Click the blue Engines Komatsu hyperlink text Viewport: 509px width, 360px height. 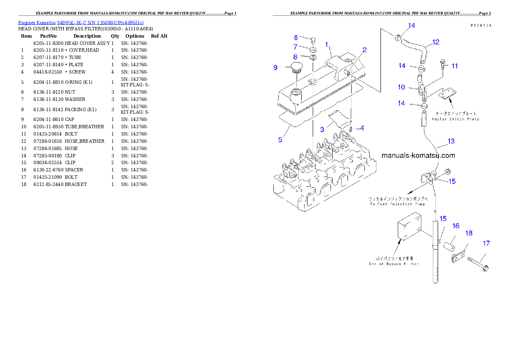pos(81,22)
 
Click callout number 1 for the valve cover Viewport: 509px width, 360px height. pos(326,44)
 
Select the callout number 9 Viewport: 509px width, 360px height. pos(276,68)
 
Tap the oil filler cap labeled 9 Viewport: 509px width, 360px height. pos(296,68)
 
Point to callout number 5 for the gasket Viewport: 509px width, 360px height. pos(280,140)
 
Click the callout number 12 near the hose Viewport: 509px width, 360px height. pos(435,42)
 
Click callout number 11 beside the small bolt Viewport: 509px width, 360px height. pos(455,66)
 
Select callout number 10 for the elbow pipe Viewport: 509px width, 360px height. pos(401,87)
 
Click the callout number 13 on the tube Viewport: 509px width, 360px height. pos(451,141)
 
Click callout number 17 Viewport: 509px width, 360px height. pos(486,244)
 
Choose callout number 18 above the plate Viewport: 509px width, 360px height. pos(469,233)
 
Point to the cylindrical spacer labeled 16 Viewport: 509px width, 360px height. pos(449,248)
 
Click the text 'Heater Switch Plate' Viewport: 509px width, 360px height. pos(455,119)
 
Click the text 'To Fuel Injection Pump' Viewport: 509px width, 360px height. pos(397,204)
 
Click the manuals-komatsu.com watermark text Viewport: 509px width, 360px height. pos(418,156)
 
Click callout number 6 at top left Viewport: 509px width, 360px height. pos(296,38)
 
